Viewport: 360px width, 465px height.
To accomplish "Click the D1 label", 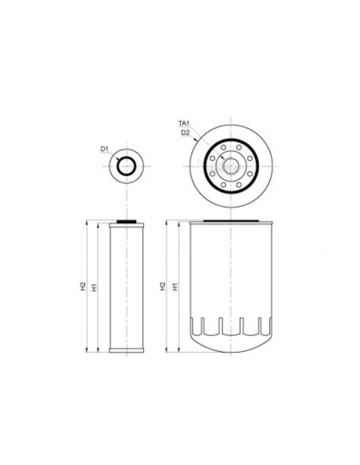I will [104, 148].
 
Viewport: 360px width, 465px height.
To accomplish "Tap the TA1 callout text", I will [183, 123].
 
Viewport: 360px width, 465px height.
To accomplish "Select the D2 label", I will [185, 132].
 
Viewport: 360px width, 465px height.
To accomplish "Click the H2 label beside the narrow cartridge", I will [83, 285].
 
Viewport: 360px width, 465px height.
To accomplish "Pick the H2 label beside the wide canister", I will [163, 285].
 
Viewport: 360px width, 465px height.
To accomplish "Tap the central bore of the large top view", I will [229, 166].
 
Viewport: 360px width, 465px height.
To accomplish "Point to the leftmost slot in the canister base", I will [200, 326].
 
